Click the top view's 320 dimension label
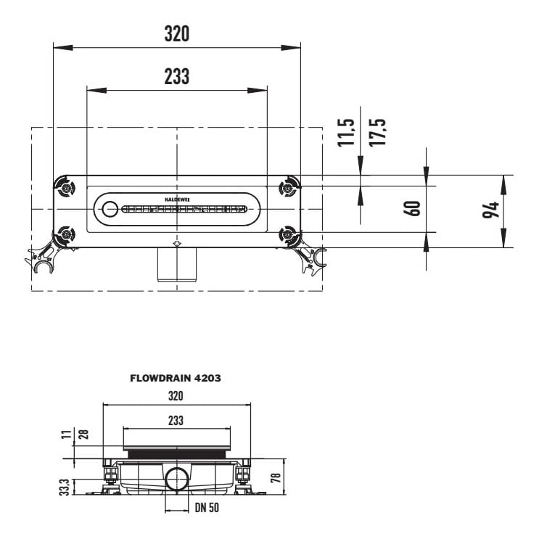(x=177, y=33)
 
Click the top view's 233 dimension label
(x=177, y=76)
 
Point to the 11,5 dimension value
(x=346, y=132)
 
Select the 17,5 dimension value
(x=377, y=132)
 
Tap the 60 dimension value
(x=412, y=208)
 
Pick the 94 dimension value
(x=491, y=210)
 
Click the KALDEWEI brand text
(x=177, y=199)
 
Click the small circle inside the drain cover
(x=110, y=209)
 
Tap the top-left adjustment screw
(x=66, y=188)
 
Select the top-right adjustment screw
(x=287, y=188)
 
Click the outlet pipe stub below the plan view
(x=177, y=264)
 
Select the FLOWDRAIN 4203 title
(x=176, y=378)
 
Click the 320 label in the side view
(x=176, y=396)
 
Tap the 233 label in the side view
(x=176, y=421)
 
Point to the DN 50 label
(x=207, y=507)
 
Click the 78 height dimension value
(x=276, y=477)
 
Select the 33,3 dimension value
(x=65, y=487)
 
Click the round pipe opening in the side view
(x=177, y=478)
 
